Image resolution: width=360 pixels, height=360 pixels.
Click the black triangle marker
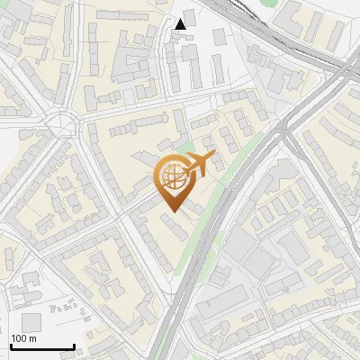[x=182, y=24]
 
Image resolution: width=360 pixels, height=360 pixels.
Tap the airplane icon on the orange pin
[x=196, y=166]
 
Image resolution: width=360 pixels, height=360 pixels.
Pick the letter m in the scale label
[x=32, y=338]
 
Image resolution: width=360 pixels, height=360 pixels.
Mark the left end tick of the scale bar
[x=11, y=346]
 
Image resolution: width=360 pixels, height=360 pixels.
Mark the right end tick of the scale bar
[x=74, y=346]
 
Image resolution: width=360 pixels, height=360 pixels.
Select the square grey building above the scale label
[x=31, y=322]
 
